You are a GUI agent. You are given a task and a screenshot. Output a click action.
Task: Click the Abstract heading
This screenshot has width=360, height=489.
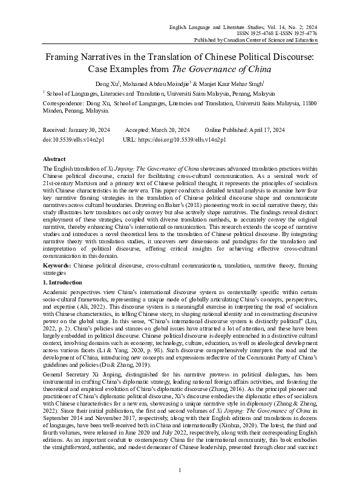point(54,157)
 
